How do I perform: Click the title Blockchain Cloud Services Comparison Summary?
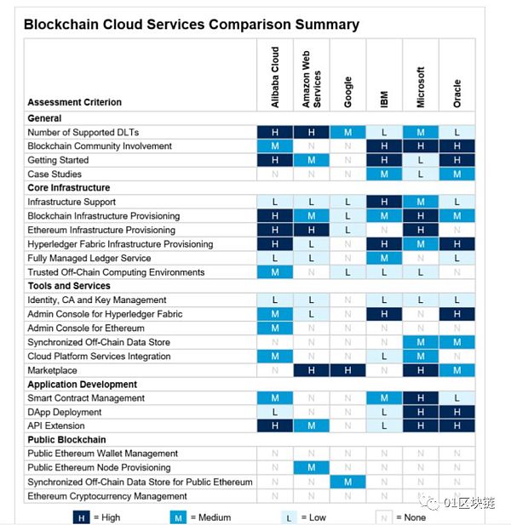191,25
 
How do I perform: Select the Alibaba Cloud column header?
275,77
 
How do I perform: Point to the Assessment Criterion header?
74,102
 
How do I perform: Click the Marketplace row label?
52,370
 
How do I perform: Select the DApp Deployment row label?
66,412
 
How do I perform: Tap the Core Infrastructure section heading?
68,188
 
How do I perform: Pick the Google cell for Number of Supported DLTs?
347,133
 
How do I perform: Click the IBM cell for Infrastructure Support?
384,203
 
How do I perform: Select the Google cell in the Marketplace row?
347,370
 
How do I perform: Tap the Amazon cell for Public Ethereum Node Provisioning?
312,468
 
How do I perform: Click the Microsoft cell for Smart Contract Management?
421,398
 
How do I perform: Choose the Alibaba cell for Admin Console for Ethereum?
275,328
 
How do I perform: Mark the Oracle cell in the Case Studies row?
457,174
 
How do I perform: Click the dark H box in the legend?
81,516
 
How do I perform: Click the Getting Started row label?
58,160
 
